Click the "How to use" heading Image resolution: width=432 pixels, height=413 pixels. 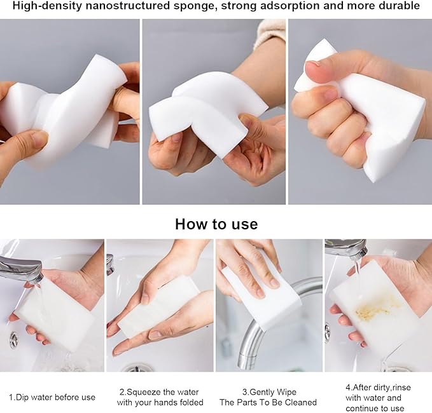click(x=216, y=224)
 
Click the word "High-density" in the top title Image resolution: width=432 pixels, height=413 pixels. click(x=47, y=6)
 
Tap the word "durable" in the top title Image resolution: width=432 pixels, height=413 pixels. click(x=397, y=5)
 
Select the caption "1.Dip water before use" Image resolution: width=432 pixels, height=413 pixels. click(x=52, y=397)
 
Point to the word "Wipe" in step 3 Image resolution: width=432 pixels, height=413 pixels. click(x=287, y=392)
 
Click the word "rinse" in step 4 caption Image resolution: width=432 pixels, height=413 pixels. click(x=401, y=388)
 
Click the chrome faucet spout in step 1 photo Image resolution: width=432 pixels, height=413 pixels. click(x=20, y=269)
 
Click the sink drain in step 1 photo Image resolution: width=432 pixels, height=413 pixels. click(x=13, y=339)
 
